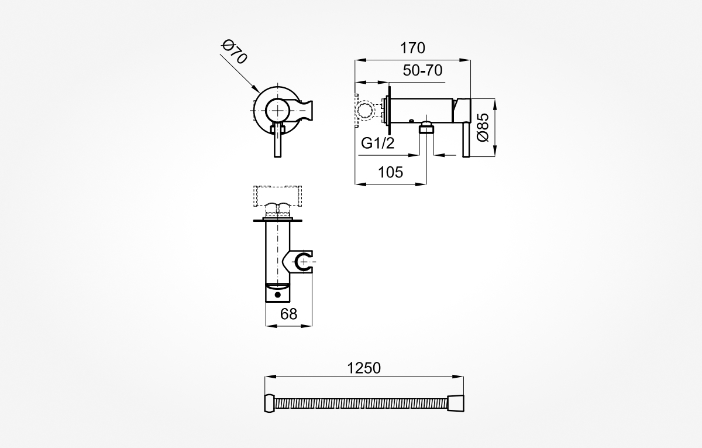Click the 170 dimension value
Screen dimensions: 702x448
coord(412,48)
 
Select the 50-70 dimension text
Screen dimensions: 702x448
coord(422,71)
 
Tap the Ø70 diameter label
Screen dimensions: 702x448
coord(234,52)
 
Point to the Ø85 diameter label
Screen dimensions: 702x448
coord(483,128)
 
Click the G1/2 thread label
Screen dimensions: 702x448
coord(378,143)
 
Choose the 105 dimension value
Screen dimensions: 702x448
coord(391,172)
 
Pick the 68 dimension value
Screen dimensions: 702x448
coord(288,314)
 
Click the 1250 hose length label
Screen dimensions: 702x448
coord(364,368)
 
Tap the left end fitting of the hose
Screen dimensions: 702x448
coord(270,403)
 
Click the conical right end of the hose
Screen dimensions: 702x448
coord(456,403)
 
